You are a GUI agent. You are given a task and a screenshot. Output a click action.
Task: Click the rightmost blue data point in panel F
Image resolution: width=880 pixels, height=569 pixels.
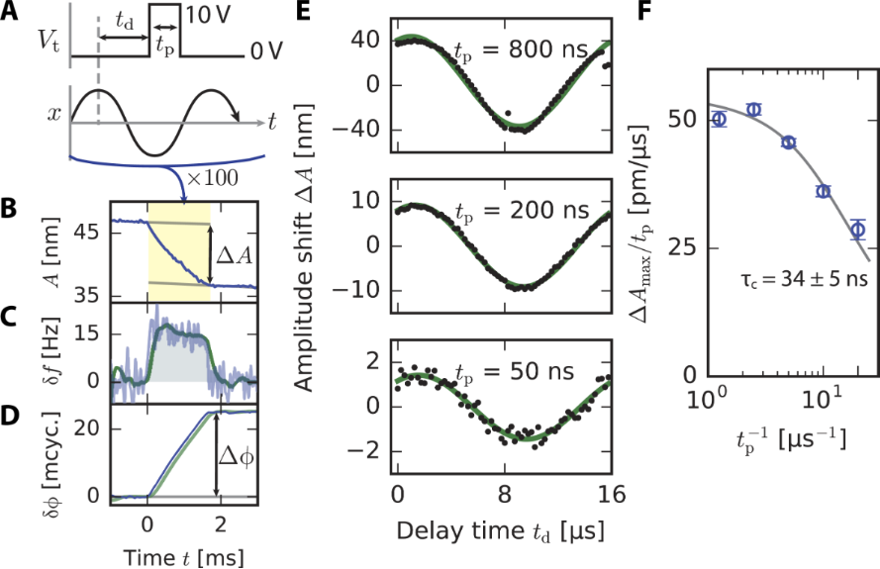pyautogui.click(x=857, y=230)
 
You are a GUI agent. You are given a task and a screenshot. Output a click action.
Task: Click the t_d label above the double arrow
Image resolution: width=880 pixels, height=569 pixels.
pyautogui.click(x=125, y=19)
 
